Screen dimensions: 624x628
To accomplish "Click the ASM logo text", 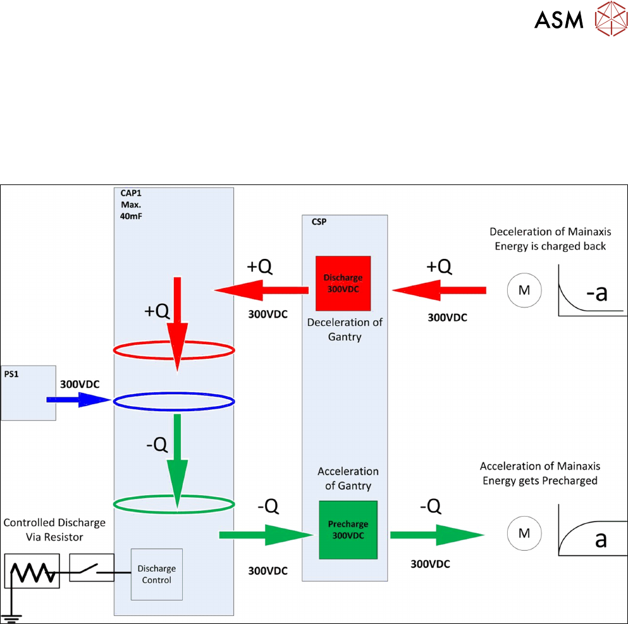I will point(558,20).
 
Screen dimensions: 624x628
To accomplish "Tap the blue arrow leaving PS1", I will point(78,400).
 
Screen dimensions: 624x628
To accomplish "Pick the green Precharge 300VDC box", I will point(348,529).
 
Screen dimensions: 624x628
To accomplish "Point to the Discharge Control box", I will point(156,574).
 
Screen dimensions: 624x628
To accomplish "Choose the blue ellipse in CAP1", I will point(174,400).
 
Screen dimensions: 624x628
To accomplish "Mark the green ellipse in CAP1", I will point(174,503).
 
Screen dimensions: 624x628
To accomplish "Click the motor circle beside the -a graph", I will point(524,291).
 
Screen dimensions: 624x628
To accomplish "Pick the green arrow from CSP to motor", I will point(436,534).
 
